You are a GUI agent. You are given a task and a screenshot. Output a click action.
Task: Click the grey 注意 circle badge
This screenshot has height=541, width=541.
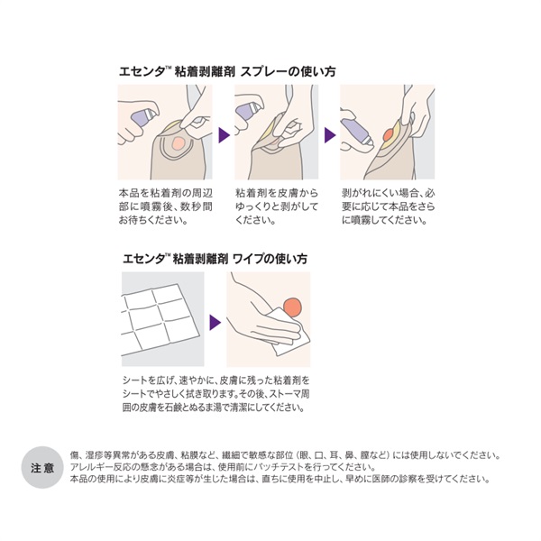(x=42, y=467)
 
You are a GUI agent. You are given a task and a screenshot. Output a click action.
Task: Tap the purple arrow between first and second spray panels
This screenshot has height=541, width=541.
(x=224, y=135)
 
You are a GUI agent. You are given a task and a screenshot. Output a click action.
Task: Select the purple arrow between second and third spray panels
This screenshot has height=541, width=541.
(x=330, y=135)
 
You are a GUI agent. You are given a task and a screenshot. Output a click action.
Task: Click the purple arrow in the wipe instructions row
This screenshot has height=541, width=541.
(x=215, y=322)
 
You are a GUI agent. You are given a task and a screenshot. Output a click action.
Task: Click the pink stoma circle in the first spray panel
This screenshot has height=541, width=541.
(x=178, y=142)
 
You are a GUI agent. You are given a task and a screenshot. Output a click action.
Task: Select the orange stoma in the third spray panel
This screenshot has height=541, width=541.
(x=388, y=134)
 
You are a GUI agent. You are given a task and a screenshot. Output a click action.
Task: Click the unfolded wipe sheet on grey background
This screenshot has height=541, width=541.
(x=160, y=319)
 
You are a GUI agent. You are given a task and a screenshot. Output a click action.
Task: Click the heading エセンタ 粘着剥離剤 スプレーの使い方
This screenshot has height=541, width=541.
(x=227, y=71)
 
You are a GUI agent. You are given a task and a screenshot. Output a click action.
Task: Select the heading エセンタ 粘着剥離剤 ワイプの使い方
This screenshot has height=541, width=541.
(x=215, y=259)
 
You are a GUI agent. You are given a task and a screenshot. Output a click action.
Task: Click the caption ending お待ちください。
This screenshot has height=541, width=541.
(x=166, y=206)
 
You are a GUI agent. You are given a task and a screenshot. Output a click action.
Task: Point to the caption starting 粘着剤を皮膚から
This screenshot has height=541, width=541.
(x=277, y=206)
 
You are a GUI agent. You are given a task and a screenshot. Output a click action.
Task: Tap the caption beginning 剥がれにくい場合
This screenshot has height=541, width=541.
(x=389, y=206)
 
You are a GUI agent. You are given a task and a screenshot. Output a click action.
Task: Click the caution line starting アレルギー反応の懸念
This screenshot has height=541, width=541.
(x=223, y=467)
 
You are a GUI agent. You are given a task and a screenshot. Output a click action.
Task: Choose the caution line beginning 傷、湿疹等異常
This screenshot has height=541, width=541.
(x=285, y=455)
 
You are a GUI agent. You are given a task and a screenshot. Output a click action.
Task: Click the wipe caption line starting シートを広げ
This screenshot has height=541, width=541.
(x=216, y=381)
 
